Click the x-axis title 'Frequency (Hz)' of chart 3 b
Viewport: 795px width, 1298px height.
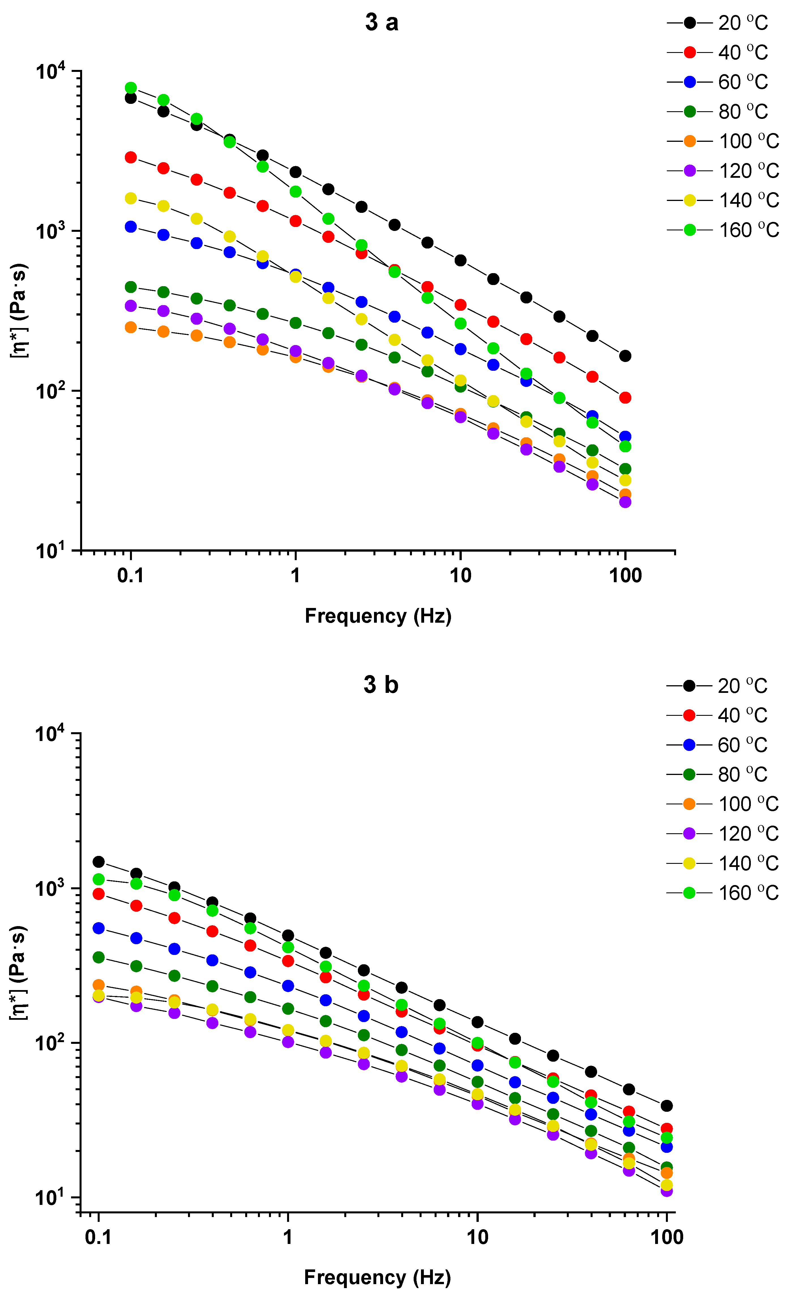(377, 1277)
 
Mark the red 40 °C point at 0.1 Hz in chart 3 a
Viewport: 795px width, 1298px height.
(131, 157)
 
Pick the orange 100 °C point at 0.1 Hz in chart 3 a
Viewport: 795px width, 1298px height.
(131, 327)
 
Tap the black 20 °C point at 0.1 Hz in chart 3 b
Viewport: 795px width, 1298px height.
(99, 862)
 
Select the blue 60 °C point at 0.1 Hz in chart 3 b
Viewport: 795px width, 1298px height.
(99, 928)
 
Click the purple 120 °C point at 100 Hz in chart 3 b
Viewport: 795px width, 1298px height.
(666, 1190)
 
